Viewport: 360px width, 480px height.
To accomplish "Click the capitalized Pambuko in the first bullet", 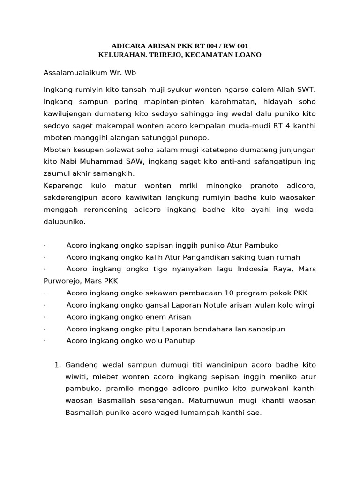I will coord(260,245).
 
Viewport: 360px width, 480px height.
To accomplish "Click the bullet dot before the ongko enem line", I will coord(45,317).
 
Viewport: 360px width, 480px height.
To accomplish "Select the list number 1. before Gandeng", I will coord(58,364).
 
